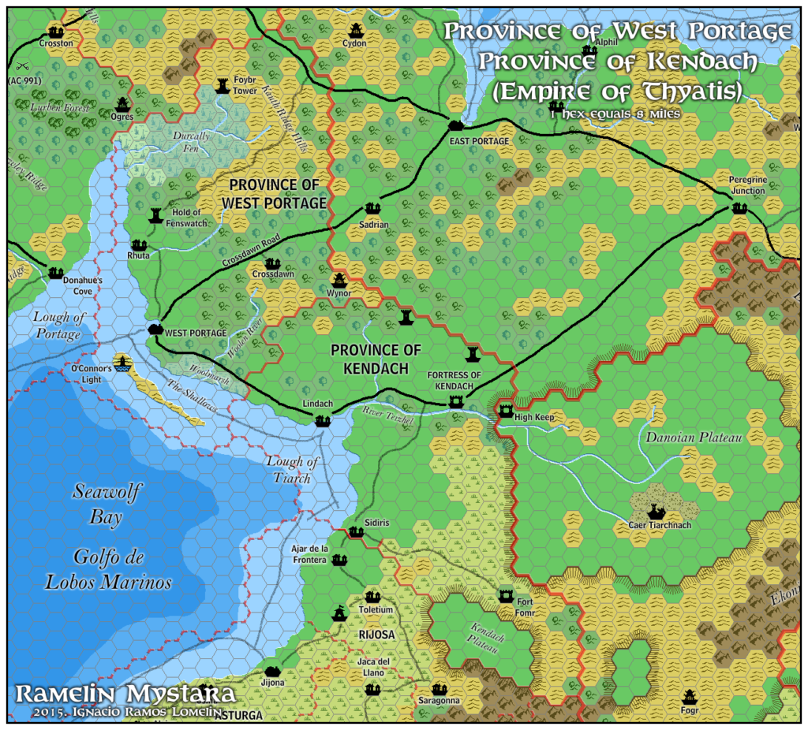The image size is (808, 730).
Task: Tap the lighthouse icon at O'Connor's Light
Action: tap(122, 362)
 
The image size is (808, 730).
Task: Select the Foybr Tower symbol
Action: tap(223, 82)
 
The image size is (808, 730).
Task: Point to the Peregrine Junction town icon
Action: tap(739, 208)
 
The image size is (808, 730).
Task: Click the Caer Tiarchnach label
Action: tap(659, 526)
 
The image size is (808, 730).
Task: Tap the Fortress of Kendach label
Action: tap(454, 380)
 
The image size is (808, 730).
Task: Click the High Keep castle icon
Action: tap(506, 410)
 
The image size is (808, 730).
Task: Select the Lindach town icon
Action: tap(322, 421)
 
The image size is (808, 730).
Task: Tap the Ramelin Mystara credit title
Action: tap(125, 695)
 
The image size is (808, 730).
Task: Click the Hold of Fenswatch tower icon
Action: tap(155, 215)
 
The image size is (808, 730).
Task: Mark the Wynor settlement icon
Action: tap(339, 280)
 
